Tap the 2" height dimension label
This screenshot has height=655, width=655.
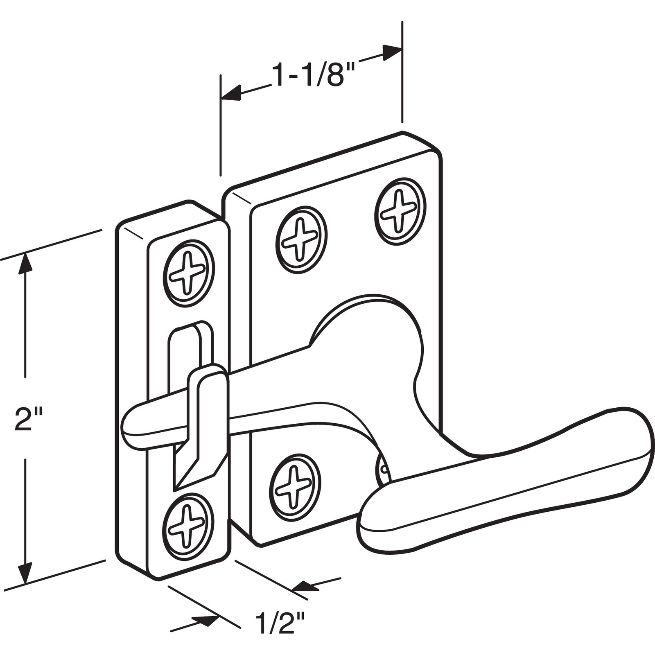click(x=29, y=418)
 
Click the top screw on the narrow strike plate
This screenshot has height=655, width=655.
click(x=189, y=273)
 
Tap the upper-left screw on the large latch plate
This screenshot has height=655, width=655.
click(x=302, y=240)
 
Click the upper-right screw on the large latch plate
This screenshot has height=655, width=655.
click(x=400, y=211)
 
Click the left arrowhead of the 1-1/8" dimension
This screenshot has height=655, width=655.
click(x=231, y=93)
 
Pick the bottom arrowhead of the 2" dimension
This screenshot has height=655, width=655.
click(x=25, y=574)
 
